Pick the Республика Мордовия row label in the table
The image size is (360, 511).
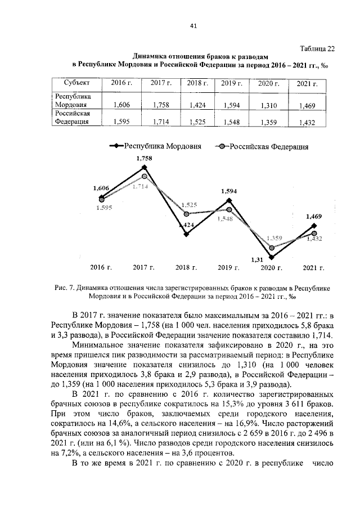point(70,100)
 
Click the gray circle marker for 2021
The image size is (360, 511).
point(314,234)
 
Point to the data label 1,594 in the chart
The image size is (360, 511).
point(229,191)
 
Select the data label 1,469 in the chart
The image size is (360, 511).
point(314,216)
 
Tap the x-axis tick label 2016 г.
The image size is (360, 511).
point(102,268)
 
